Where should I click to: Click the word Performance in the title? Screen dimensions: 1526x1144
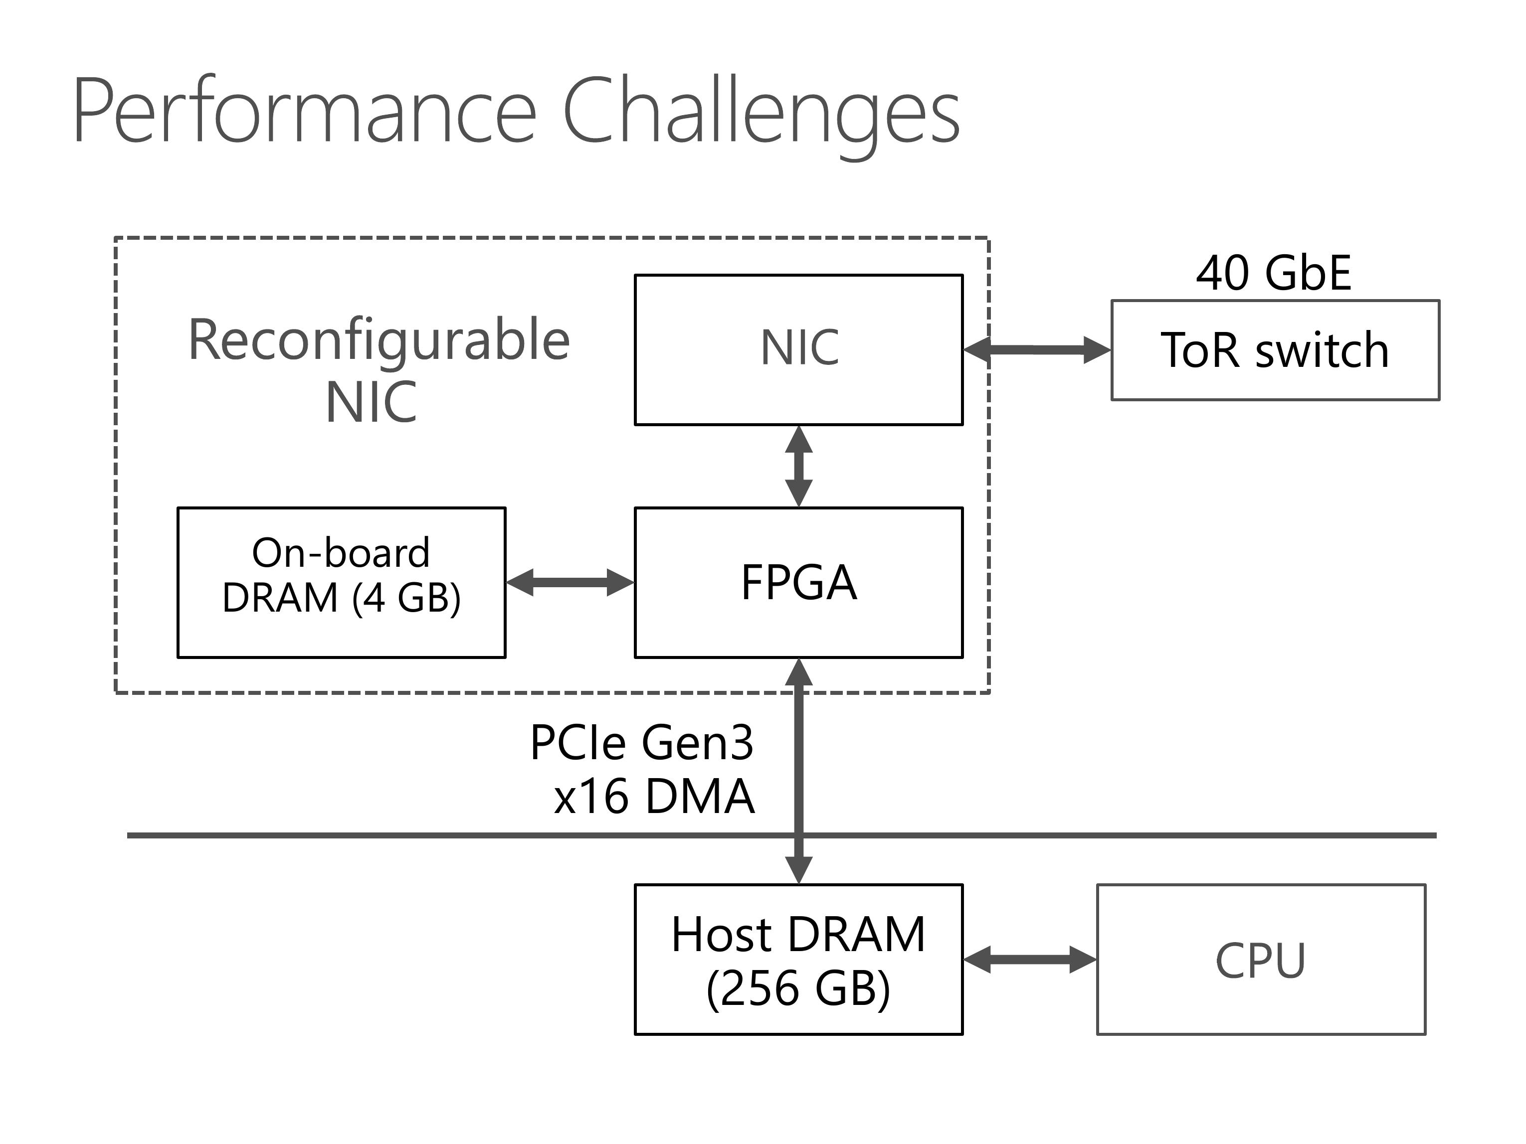point(304,110)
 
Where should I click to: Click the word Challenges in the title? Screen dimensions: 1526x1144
point(762,116)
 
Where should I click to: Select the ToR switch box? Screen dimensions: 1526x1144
point(1275,349)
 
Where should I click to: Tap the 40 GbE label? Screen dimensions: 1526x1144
point(1274,273)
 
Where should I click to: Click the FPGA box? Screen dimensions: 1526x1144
point(799,583)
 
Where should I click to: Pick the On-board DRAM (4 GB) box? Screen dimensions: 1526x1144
point(342,583)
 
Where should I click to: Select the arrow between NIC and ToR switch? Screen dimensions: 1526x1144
point(1037,349)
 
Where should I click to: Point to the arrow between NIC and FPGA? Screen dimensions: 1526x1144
point(799,466)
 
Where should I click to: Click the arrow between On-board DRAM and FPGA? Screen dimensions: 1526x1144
point(570,582)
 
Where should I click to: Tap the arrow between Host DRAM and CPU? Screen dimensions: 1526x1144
point(1029,959)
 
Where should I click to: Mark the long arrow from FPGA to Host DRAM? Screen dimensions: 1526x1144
point(799,771)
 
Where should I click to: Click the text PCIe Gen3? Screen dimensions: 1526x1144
point(642,743)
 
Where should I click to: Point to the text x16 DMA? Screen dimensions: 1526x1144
point(654,797)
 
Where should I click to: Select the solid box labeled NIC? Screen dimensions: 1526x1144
point(799,349)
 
